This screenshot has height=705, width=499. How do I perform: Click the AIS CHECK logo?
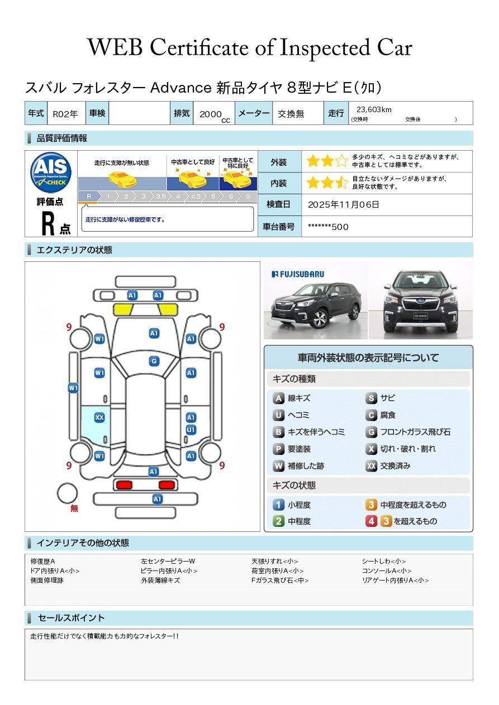51,172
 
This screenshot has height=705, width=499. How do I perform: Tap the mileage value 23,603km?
374,109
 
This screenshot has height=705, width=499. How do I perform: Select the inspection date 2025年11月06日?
343,204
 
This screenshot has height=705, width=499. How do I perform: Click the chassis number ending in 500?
328,227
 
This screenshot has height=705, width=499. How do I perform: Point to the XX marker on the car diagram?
99,418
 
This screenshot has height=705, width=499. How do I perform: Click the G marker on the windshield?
154,361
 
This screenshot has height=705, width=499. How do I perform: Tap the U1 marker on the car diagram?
191,430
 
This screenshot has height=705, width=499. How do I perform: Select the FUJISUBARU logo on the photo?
298,274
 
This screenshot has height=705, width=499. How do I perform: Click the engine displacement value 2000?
211,114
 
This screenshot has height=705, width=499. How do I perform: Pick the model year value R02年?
65,114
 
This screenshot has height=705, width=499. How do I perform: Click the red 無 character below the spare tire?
74,508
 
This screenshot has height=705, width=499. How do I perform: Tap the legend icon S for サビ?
371,398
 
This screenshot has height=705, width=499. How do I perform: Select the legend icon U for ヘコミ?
278,415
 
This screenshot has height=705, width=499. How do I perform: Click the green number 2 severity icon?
278,521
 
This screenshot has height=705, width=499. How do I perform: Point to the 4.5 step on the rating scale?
196,196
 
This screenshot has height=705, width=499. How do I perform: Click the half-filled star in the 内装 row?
341,183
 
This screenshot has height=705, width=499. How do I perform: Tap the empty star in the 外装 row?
341,161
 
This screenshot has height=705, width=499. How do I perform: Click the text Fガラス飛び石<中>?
280,580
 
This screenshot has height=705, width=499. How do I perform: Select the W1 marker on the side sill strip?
73,388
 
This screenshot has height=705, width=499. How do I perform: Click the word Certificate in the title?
199,48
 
